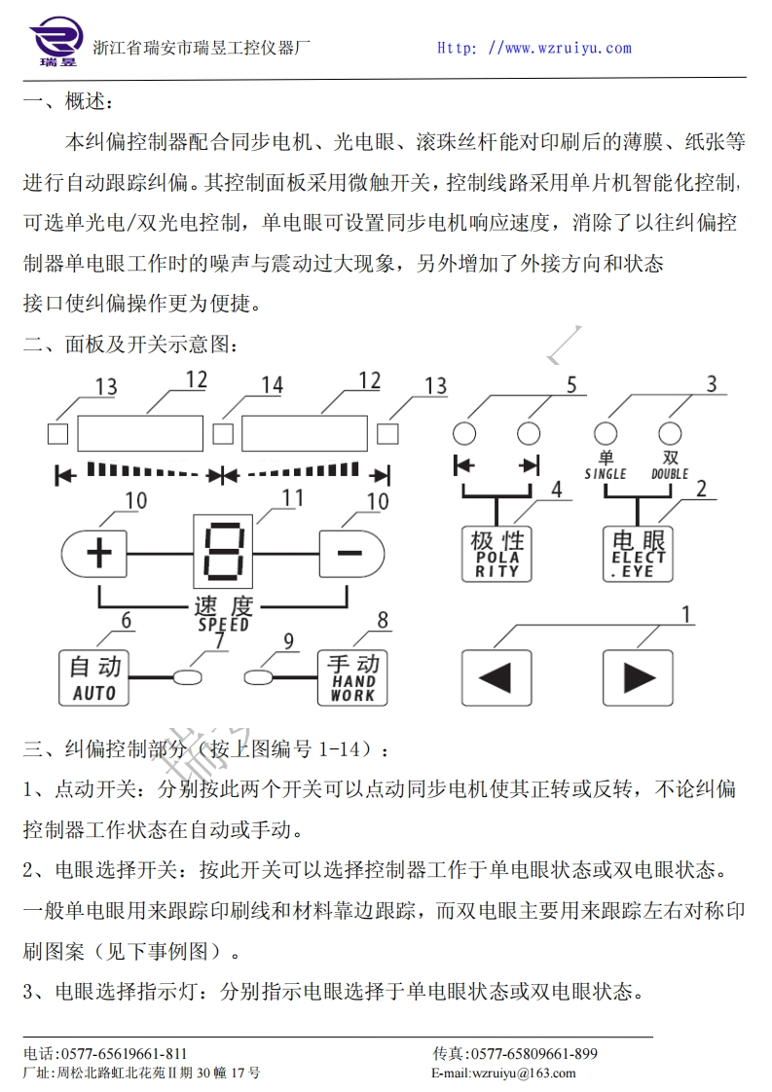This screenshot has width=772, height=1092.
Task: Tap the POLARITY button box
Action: [497, 554]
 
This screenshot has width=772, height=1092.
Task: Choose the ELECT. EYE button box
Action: [639, 554]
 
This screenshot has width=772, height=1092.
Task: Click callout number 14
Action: [272, 386]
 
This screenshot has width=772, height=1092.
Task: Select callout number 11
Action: [292, 499]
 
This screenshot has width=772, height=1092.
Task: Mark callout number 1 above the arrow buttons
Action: [686, 614]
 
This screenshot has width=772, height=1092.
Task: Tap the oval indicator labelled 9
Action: [258, 674]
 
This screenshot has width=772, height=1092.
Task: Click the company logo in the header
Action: [57, 44]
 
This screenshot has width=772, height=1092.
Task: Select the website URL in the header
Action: [533, 48]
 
